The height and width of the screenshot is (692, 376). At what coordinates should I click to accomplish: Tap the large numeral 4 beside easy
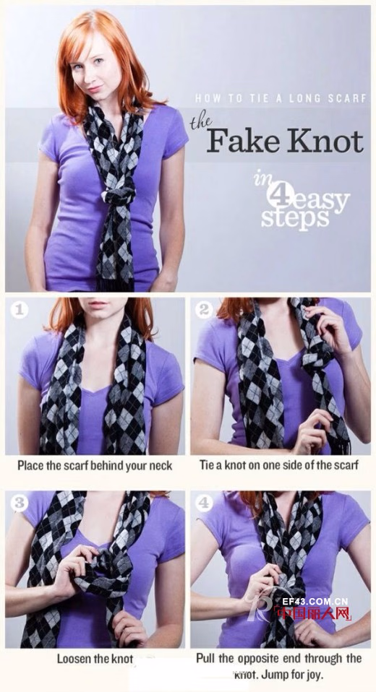[279, 194]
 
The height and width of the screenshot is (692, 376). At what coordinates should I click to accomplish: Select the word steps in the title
[295, 217]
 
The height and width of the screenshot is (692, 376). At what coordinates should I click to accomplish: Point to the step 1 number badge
[19, 310]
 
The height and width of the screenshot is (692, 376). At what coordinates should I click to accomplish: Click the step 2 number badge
[204, 310]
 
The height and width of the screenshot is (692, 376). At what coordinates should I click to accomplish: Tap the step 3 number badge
[19, 503]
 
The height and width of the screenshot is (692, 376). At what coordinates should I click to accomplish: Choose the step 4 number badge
[204, 503]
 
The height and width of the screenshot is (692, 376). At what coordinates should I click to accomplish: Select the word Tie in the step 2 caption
[207, 465]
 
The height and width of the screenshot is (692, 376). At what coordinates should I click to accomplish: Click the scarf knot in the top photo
[119, 194]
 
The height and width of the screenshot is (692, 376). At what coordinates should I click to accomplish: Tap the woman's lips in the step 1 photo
[98, 305]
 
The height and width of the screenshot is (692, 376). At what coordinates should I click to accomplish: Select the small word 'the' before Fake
[200, 123]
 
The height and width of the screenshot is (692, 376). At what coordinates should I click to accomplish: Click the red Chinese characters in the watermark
[313, 613]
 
